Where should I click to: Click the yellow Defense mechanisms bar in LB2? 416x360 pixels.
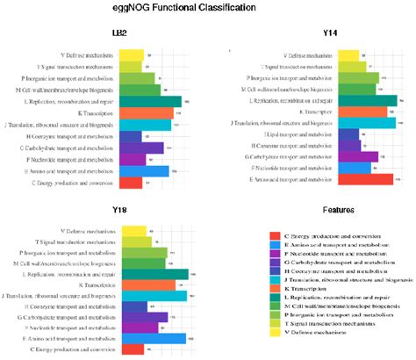pos(132,54)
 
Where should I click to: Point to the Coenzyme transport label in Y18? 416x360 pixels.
pos(71,306)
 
